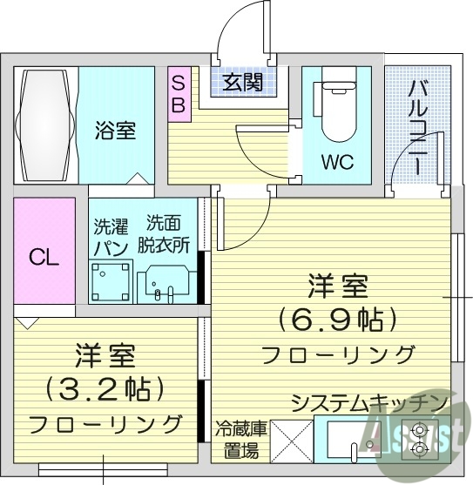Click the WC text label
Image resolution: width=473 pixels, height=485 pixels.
pos(337,164)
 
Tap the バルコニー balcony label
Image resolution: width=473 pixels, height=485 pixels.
pos(417,125)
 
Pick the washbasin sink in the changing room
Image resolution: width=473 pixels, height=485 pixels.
pos(166,282)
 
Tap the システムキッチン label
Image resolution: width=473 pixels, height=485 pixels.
pos(369,404)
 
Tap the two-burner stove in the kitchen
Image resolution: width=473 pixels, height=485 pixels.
pos(423,439)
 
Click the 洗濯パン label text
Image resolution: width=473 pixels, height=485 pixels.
pos(111,235)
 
